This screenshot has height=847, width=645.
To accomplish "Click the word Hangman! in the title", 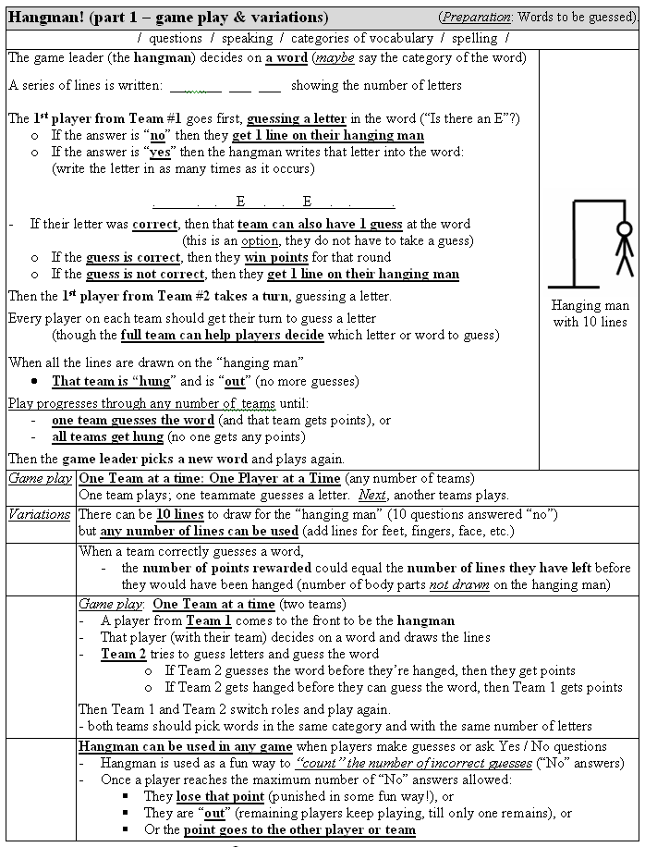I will click(46, 18).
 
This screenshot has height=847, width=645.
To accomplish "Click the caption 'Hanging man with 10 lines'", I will click(590, 313).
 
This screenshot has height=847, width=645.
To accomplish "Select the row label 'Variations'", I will click(40, 514).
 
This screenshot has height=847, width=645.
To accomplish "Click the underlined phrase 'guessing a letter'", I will click(296, 118).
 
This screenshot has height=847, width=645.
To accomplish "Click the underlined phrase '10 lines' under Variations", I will click(179, 514).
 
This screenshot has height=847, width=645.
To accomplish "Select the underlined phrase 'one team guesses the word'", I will click(133, 420).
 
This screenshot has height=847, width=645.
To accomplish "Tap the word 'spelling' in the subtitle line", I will click(474, 38).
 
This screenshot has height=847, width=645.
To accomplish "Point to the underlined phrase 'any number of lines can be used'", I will click(199, 531).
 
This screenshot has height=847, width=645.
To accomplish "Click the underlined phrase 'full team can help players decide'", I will click(221, 335).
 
